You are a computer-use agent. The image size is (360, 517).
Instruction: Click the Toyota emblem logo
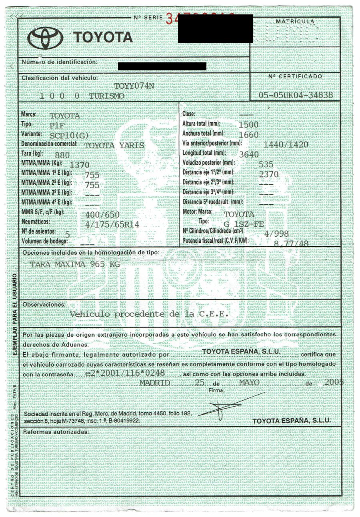pos(46,37)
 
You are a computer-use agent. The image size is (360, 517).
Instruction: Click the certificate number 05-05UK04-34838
pos(296,95)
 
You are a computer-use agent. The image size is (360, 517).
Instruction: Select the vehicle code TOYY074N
pos(134,86)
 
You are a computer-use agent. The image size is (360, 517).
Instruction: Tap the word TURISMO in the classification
pos(107,96)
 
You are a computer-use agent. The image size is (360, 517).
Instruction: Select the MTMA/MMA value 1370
pos(79,165)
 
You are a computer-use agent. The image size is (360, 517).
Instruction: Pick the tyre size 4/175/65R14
pos(112,225)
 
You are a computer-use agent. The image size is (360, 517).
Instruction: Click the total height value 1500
pos(248,125)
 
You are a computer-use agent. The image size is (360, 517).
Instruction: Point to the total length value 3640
pos(248,154)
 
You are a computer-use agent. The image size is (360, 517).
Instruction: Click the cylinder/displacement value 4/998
pos(276,233)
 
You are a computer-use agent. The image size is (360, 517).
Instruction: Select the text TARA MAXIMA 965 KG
pos(76,265)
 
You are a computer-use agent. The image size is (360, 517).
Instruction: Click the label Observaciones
pos(44,305)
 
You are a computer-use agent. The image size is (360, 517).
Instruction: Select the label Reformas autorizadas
pos(55,432)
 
